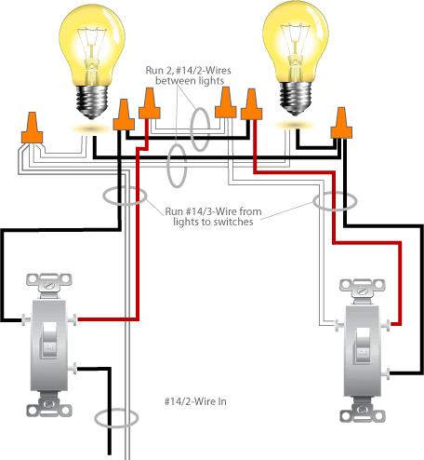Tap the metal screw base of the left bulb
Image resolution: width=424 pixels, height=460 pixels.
click(x=92, y=101)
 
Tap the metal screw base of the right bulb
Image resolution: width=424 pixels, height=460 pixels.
click(x=296, y=99)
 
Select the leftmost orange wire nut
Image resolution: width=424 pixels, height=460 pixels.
click(x=32, y=128)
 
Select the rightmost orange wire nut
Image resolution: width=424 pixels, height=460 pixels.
click(x=341, y=123)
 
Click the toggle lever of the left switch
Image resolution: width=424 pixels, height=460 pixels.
click(x=49, y=341)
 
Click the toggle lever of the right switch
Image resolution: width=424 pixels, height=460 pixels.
click(x=363, y=345)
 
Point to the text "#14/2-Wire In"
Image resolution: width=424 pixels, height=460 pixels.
click(x=195, y=401)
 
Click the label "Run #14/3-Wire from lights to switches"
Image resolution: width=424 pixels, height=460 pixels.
click(x=213, y=216)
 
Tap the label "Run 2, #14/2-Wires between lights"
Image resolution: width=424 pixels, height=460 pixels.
click(x=189, y=75)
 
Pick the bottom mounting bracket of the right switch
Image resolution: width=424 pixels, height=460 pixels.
click(x=363, y=410)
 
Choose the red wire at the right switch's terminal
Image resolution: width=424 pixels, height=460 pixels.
click(x=334, y=217)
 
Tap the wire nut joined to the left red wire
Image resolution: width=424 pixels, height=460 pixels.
click(x=150, y=103)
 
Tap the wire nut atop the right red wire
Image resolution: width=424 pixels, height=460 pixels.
click(x=251, y=104)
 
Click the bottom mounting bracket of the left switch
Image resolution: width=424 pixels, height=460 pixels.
click(x=49, y=404)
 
